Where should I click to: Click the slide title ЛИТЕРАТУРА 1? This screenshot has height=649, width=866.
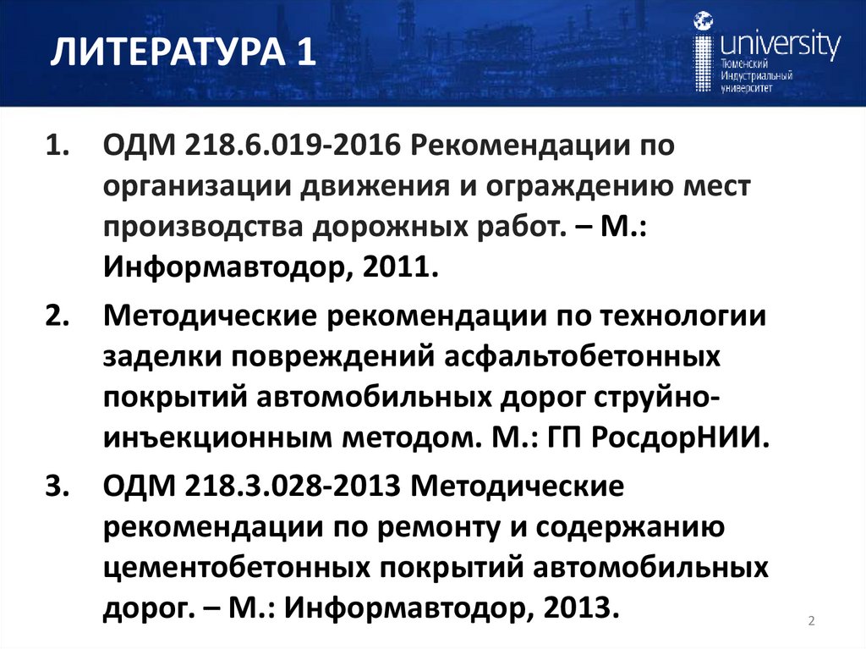(183, 55)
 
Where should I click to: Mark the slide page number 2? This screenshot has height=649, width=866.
(811, 622)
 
